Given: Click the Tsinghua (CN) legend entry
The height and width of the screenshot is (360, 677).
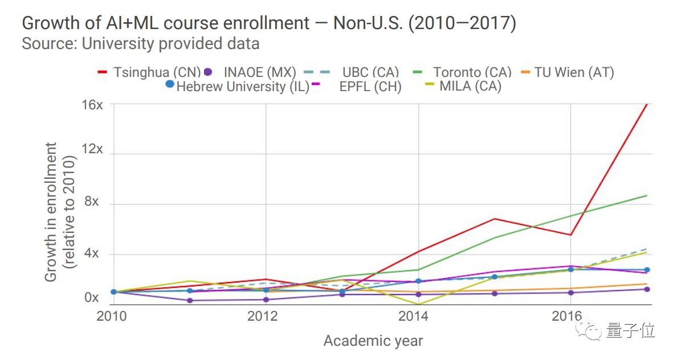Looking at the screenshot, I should tap(157, 73).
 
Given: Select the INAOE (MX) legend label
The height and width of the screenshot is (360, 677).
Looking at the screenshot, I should tap(260, 73).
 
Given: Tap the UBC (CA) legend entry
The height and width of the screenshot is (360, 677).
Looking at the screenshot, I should tap(370, 73).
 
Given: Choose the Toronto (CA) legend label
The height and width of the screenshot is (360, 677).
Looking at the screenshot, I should tap(472, 73).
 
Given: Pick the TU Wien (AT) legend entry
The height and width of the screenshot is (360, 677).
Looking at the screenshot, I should tap(574, 73).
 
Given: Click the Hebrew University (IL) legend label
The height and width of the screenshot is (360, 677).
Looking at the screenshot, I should tap(242, 87).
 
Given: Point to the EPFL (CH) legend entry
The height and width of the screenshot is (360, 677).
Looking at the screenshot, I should tap(370, 87).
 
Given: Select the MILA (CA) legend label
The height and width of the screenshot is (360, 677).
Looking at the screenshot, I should tap(470, 87).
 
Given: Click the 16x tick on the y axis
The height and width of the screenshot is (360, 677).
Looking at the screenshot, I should tap(91, 105).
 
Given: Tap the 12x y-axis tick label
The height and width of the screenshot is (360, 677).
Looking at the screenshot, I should tap(91, 149).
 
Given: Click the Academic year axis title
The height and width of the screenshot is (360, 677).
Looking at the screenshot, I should tap(373, 341).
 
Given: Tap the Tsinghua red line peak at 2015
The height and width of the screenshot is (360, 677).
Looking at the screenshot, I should tap(494, 219).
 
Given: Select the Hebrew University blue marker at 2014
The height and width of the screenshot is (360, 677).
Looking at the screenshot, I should tap(419, 281).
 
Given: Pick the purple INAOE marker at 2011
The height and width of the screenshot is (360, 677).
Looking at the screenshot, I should tap(190, 300).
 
